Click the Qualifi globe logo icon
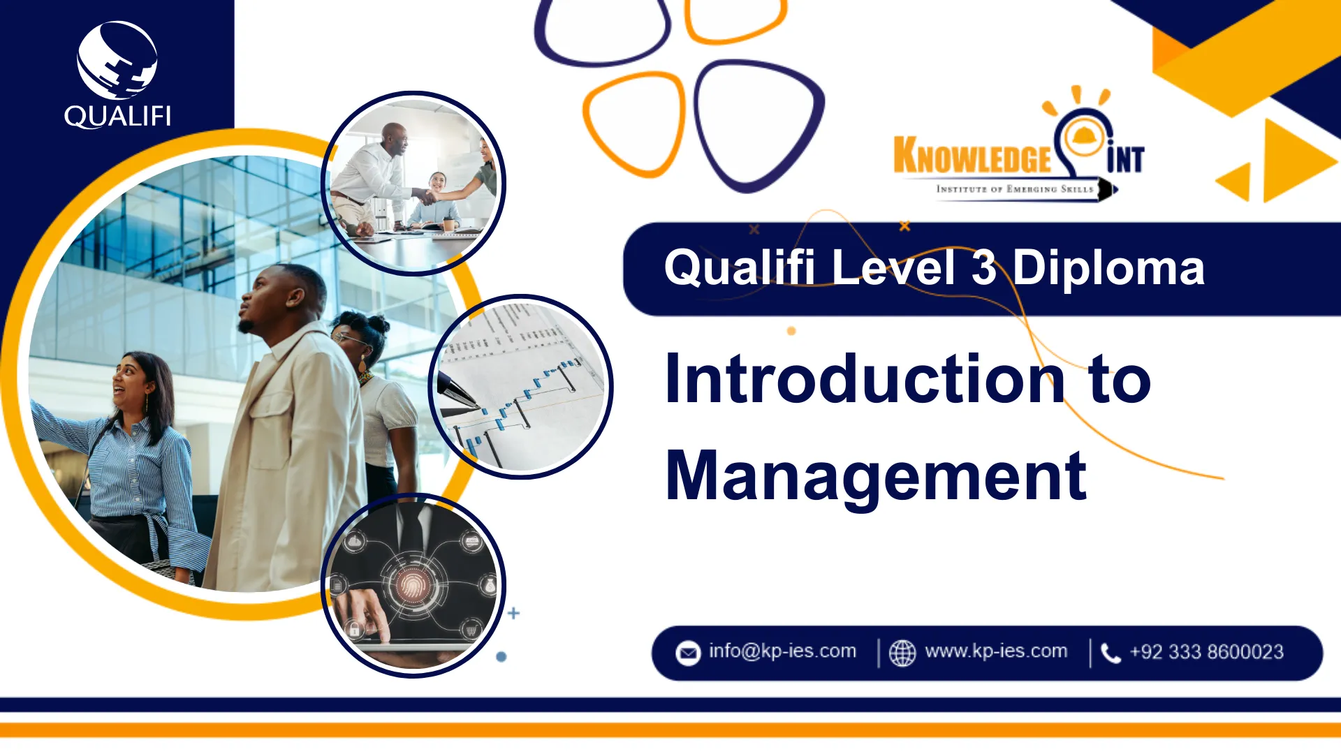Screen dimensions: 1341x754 (x=117, y=60)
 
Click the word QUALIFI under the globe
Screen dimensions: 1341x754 (x=117, y=116)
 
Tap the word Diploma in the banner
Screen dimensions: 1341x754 (x=1108, y=269)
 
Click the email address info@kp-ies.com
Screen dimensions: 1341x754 (x=782, y=651)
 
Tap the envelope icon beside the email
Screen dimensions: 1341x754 (x=688, y=653)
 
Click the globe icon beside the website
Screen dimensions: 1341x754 (x=902, y=653)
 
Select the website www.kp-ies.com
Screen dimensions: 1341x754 (x=996, y=651)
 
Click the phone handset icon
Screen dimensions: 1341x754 (x=1111, y=653)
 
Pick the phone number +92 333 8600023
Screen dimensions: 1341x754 (x=1207, y=651)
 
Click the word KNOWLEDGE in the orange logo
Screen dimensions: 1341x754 (x=972, y=155)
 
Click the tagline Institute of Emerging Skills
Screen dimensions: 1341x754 (x=1015, y=188)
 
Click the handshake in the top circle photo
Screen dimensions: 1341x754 (x=427, y=197)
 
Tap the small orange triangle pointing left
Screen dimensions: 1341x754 (x=1235, y=182)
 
